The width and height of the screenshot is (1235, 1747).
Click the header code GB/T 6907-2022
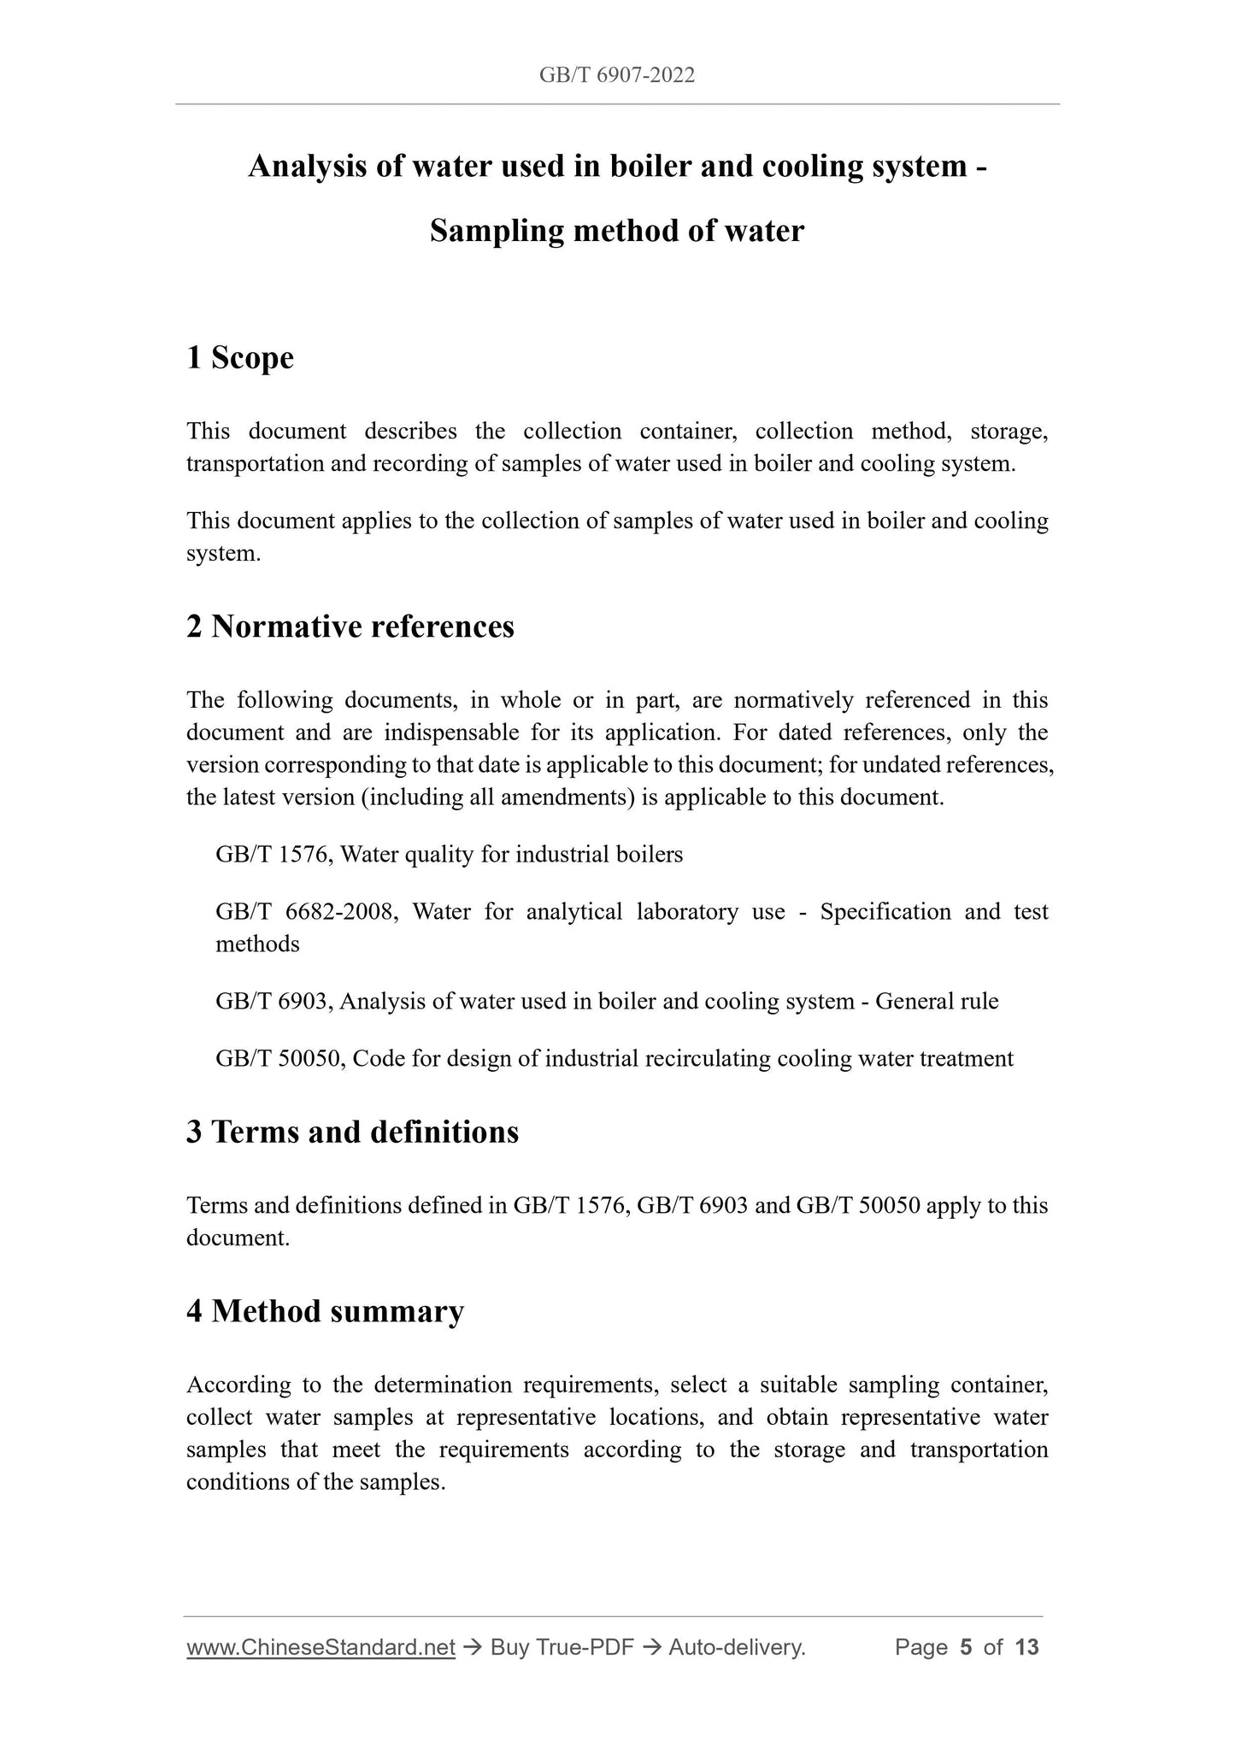[x=616, y=75]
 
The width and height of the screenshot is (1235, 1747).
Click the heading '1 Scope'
[x=239, y=357]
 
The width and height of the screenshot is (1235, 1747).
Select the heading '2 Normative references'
[x=350, y=626]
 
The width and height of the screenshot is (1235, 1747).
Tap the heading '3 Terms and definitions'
[x=352, y=1132]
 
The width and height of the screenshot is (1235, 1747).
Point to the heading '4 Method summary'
[x=325, y=1311]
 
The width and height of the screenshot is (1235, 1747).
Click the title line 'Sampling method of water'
[x=616, y=231]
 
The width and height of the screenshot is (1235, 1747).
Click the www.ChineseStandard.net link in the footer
[x=321, y=1648]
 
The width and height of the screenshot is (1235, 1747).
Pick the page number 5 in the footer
[x=966, y=1648]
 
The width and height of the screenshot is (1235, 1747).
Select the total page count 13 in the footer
[x=1026, y=1648]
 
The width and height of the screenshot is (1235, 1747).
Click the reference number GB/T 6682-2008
[x=305, y=912]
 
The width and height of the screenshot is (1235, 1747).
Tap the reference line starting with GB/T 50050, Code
[x=615, y=1059]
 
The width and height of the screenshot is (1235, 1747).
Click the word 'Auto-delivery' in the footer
[x=736, y=1648]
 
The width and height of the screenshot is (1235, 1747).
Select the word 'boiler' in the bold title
[x=650, y=166]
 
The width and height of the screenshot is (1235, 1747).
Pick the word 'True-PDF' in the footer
[x=585, y=1648]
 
